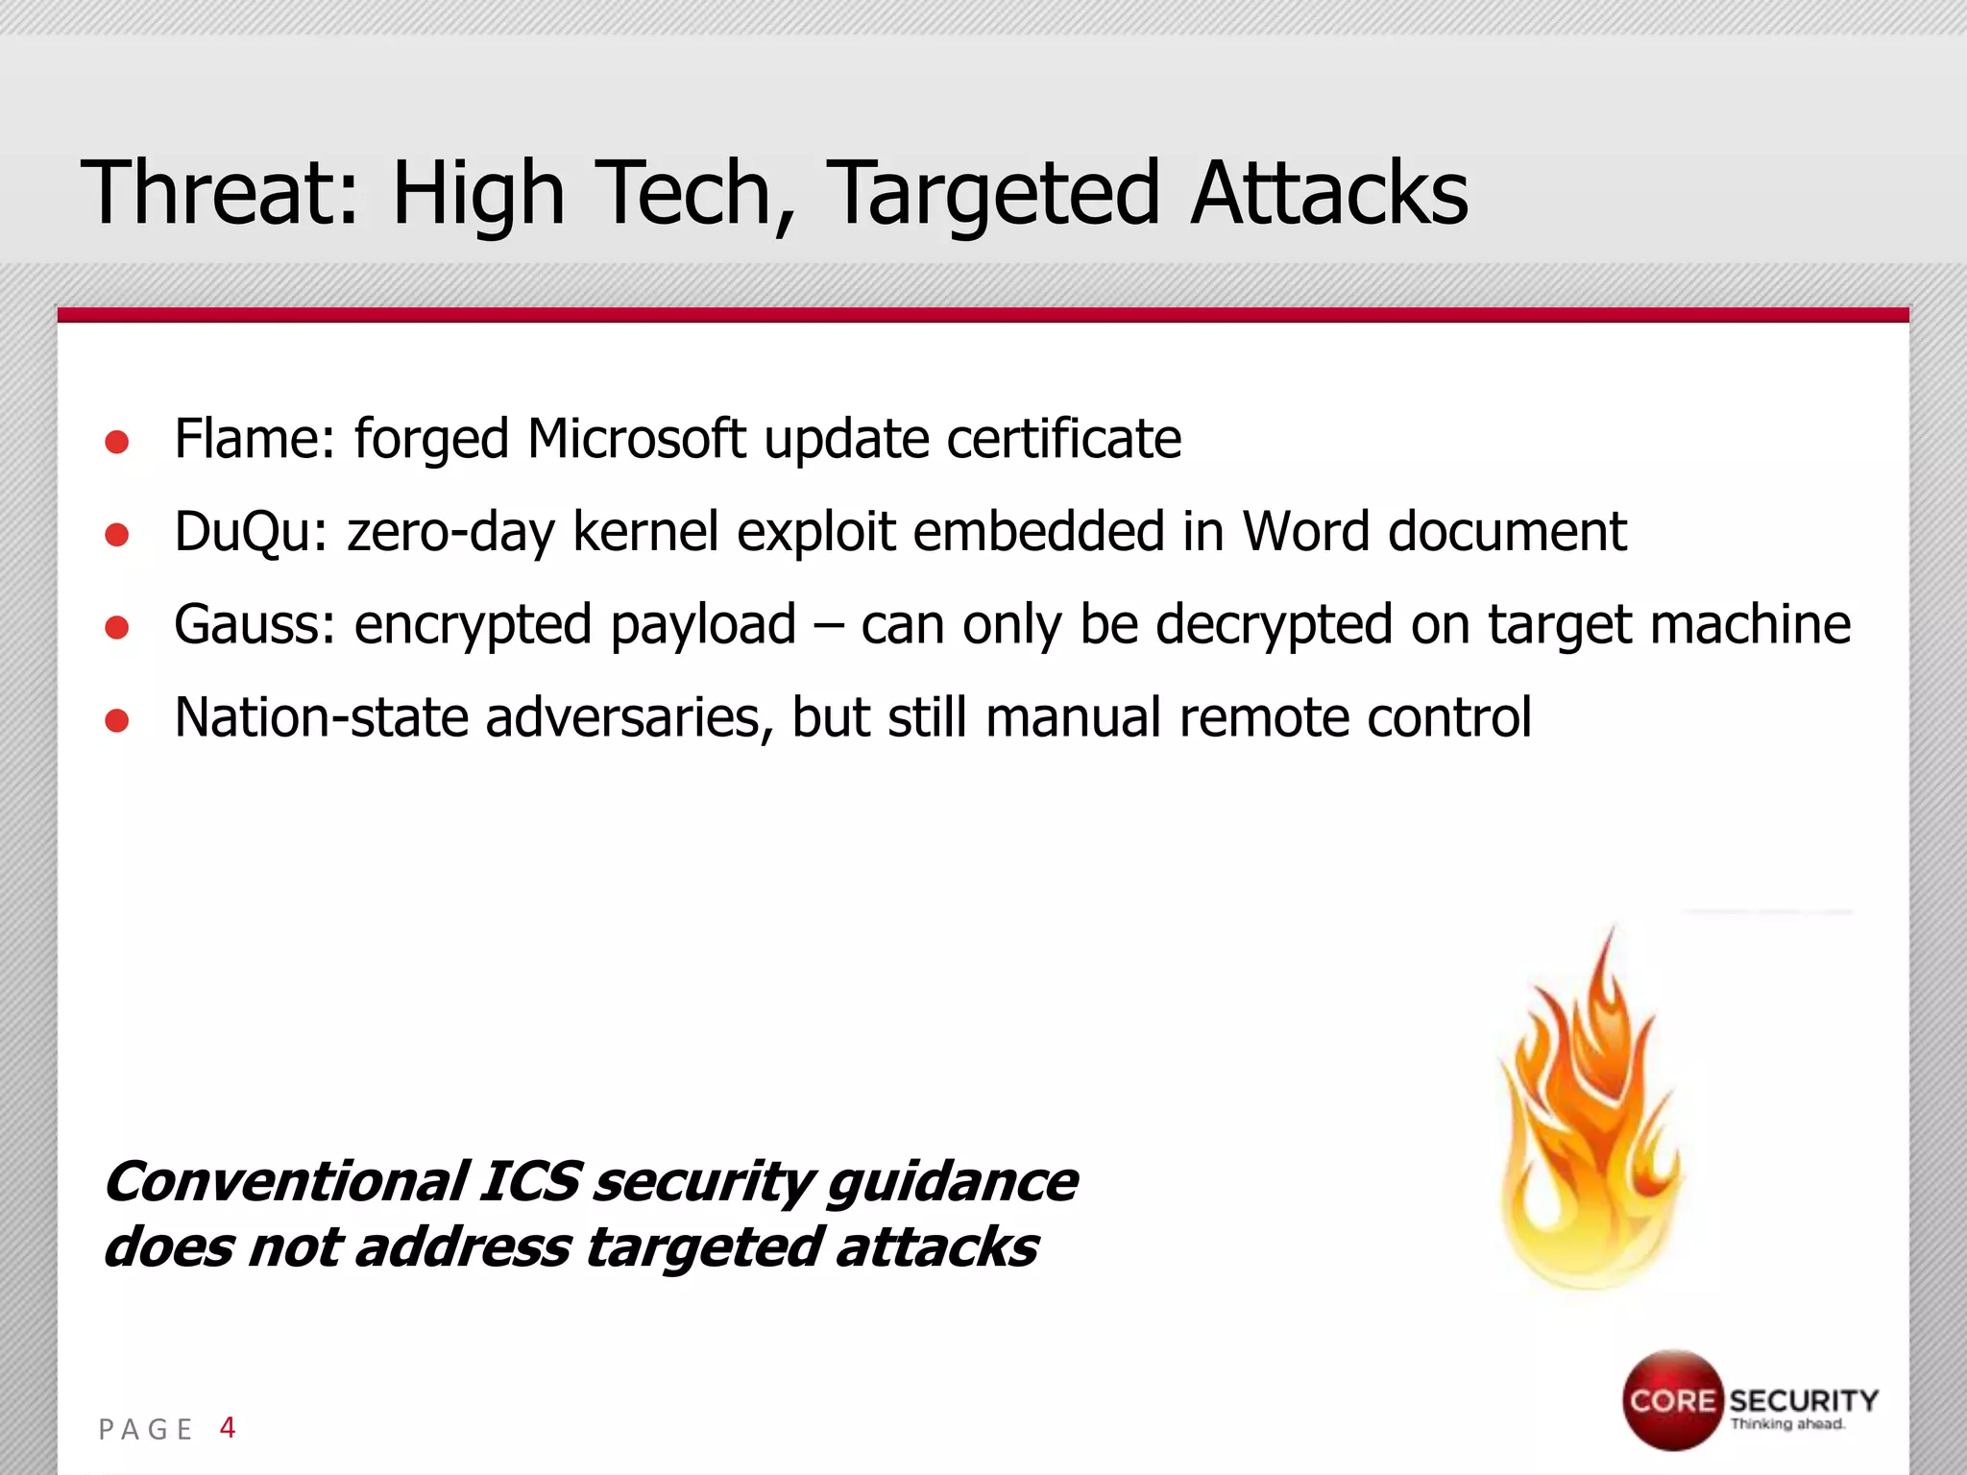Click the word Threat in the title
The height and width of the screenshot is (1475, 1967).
[219, 192]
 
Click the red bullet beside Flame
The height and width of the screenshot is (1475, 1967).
[117, 441]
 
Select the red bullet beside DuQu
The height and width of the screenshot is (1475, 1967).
[117, 534]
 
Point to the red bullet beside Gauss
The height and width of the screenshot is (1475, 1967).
[117, 627]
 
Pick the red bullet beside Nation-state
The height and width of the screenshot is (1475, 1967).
[117, 720]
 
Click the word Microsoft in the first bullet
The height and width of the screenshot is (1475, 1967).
[636, 439]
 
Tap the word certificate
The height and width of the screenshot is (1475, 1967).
[1063, 439]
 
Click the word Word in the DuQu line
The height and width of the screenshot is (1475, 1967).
[1305, 531]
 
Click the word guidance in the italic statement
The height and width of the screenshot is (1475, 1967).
[952, 1183]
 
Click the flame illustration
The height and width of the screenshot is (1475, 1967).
[1590, 1124]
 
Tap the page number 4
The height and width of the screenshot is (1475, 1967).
[228, 1427]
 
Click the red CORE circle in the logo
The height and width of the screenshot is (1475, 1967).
[1672, 1399]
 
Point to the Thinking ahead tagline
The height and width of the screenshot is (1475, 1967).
[1787, 1424]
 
